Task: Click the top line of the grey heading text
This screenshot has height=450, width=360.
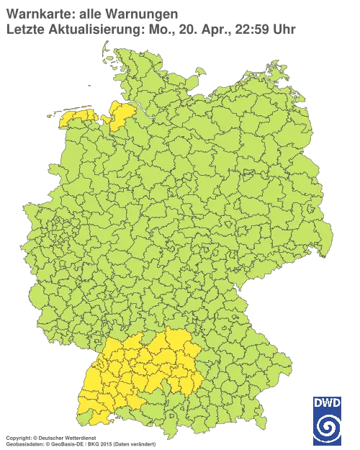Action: (x=89, y=15)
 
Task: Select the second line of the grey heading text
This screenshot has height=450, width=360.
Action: (x=144, y=30)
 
